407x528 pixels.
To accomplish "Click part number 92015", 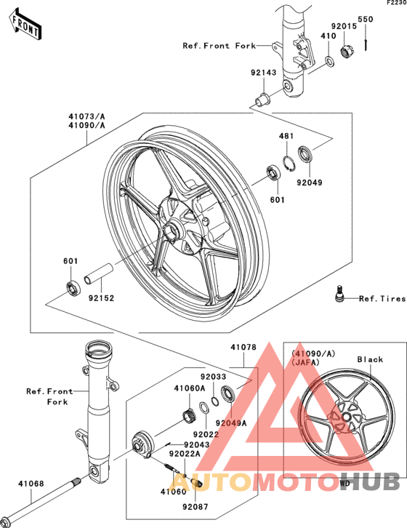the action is [x=344, y=27].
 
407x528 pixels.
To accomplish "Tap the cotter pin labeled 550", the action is [x=366, y=39].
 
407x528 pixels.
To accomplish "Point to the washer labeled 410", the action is [x=329, y=61].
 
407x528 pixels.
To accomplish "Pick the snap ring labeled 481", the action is [x=289, y=164].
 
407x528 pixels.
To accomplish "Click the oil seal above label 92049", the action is [x=305, y=154].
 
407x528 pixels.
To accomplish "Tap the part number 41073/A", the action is [x=87, y=117].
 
